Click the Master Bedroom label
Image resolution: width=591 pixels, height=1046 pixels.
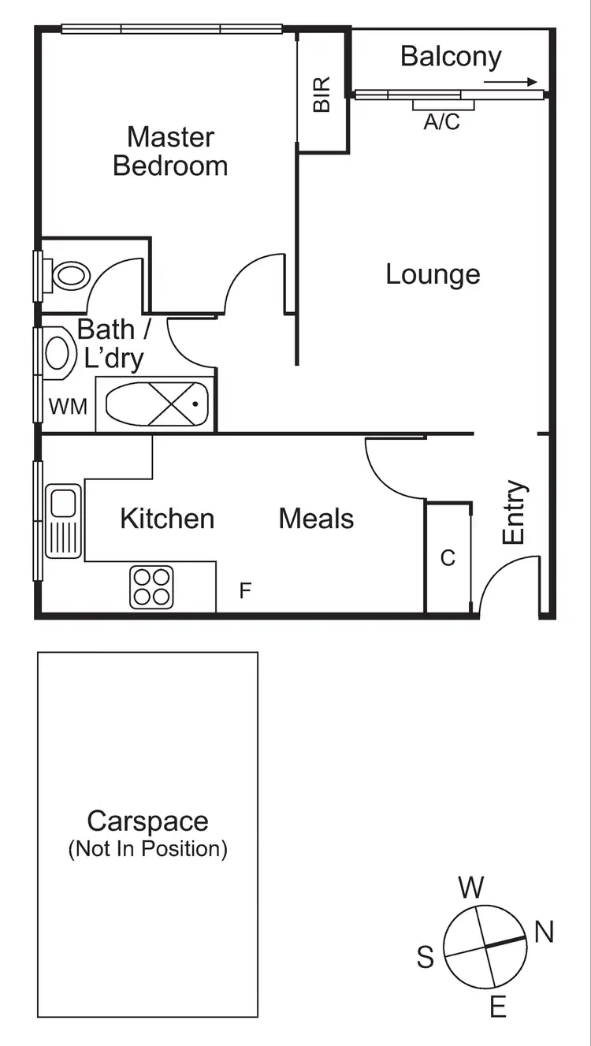click(x=170, y=151)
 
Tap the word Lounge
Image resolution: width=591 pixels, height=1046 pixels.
click(x=433, y=274)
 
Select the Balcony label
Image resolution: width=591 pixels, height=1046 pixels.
click(x=451, y=56)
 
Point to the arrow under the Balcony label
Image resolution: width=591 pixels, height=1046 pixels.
click(x=511, y=81)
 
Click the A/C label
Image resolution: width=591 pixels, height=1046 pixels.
click(x=441, y=122)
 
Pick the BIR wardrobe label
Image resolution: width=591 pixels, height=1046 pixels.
click(x=322, y=94)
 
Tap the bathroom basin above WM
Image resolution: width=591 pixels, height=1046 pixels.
click(x=58, y=351)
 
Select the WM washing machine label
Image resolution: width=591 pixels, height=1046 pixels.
click(x=68, y=407)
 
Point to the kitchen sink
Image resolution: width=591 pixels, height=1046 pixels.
click(x=63, y=522)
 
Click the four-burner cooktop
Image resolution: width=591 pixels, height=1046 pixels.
click(x=152, y=587)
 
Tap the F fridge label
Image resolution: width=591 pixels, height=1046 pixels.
click(x=245, y=590)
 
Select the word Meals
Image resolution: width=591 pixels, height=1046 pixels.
click(x=316, y=519)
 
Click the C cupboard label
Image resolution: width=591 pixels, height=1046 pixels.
click(x=448, y=558)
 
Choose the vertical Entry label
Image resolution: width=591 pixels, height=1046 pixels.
click(x=514, y=512)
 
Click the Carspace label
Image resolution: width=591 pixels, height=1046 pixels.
click(x=147, y=821)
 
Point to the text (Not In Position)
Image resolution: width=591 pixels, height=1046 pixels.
click(x=147, y=849)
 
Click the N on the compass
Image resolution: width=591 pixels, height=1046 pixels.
click(x=544, y=933)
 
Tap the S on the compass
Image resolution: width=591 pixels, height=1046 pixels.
click(x=426, y=958)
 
